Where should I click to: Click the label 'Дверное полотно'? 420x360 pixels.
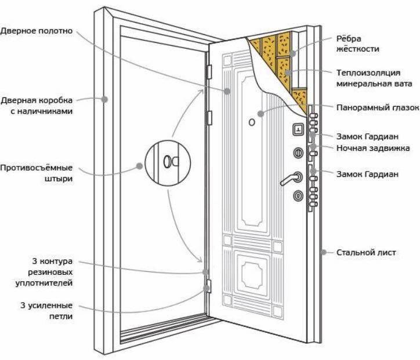coord(37,31)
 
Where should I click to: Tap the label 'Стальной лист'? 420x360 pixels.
coord(366,252)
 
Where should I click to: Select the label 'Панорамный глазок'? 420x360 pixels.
coord(378,108)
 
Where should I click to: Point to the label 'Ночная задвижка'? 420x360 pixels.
coord(373,148)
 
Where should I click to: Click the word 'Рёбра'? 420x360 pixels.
coord(349,38)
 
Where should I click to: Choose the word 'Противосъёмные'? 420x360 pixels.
coord(37,168)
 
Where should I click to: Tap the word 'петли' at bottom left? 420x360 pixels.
coord(61,317)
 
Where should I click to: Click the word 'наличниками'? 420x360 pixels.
coord(42,111)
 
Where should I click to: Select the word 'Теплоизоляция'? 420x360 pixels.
coord(368,73)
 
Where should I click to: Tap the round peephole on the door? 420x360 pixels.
coord(252,122)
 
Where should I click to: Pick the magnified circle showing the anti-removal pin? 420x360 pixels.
coord(168,163)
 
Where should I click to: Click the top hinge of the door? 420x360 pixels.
coord(209,72)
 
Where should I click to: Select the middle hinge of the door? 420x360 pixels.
coord(209,118)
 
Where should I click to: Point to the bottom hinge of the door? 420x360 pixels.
coord(209,286)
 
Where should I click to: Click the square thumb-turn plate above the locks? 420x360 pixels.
coord(298,129)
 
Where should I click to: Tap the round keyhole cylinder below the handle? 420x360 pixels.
coord(298,196)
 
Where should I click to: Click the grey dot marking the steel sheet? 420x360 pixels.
coord(324,252)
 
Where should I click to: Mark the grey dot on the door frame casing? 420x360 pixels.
coord(104,99)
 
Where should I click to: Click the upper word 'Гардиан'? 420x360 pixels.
coord(382,136)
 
